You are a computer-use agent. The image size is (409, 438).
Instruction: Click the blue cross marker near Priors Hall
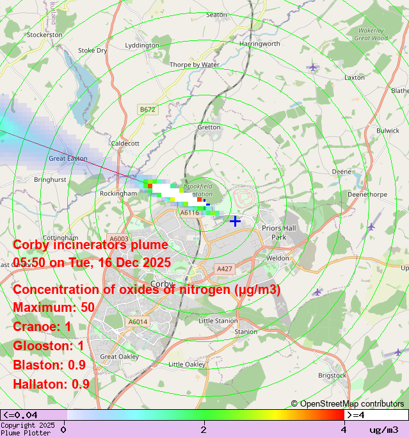click(235, 221)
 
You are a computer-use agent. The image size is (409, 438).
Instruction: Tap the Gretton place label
click(209, 127)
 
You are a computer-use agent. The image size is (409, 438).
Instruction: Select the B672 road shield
click(147, 109)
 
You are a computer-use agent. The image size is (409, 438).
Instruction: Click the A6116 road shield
click(189, 213)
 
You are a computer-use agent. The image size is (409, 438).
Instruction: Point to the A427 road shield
click(224, 269)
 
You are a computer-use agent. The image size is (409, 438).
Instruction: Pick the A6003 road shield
click(118, 238)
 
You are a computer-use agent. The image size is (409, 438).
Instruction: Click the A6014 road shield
click(138, 321)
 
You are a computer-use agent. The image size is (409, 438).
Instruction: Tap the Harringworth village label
click(260, 44)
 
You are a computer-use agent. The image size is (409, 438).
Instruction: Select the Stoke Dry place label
click(92, 50)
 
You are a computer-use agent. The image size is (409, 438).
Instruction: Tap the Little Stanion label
click(218, 320)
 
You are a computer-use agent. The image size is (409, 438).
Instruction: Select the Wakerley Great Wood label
click(371, 34)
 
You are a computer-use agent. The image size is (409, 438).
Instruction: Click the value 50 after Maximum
click(87, 307)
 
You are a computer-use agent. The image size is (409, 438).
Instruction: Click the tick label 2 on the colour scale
click(204, 429)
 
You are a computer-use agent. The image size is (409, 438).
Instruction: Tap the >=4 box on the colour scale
click(376, 415)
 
